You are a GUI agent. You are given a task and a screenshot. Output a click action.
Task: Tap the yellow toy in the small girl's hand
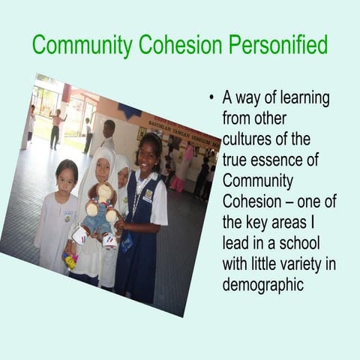pyautogui.click(x=70, y=262)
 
